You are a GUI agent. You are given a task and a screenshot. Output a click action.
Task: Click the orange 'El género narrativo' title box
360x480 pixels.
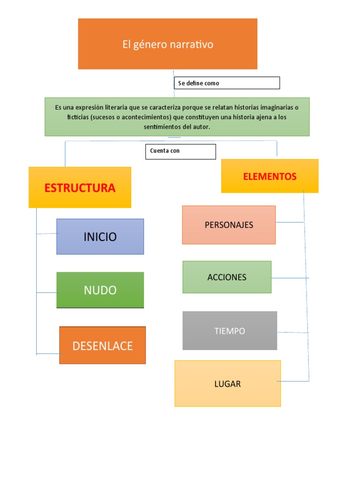click(167, 44)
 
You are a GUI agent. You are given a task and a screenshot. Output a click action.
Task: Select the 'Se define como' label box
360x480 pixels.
click(227, 83)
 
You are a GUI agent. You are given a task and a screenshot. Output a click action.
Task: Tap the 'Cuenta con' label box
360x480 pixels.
click(180, 151)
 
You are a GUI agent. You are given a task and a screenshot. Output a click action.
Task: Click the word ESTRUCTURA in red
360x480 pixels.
click(80, 188)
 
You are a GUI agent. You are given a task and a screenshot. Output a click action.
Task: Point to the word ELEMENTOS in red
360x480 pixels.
click(270, 176)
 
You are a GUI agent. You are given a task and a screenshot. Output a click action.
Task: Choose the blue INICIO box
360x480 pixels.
click(100, 237)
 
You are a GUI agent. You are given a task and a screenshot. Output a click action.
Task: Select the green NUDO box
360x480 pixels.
click(100, 290)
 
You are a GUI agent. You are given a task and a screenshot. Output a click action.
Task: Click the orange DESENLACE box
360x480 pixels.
click(102, 346)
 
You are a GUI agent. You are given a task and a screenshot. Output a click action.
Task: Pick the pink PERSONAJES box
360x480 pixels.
click(229, 225)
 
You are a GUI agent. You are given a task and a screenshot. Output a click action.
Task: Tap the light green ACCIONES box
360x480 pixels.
click(227, 277)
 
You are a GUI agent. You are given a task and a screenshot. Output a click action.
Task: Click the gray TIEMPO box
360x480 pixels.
click(230, 331)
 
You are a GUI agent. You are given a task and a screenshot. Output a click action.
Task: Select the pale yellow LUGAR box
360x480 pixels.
click(227, 384)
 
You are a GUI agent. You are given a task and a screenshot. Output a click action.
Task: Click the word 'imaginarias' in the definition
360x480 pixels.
click(273, 107)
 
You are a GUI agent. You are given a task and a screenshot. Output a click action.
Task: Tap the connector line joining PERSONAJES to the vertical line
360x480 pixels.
click(290, 222)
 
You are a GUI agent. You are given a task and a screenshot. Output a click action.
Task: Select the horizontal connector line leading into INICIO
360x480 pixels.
click(46, 233)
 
